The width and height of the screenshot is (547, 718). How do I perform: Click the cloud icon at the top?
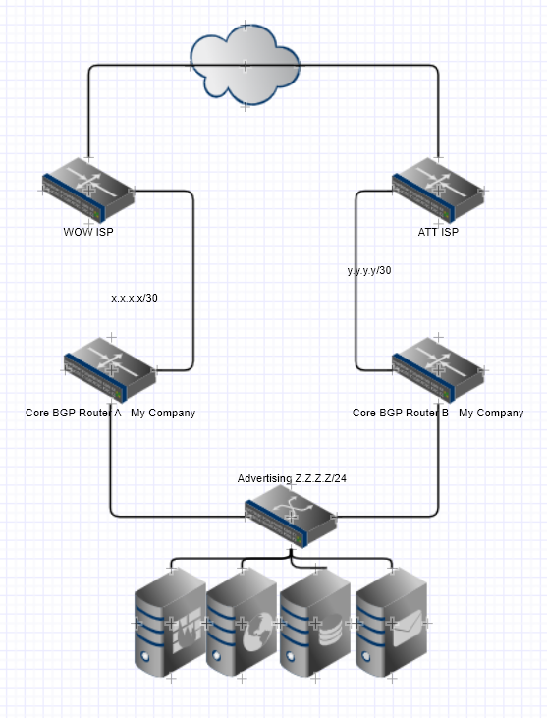click(245, 65)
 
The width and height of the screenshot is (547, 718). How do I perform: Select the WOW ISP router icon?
click(87, 190)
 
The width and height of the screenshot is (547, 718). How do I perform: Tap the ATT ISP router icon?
click(437, 190)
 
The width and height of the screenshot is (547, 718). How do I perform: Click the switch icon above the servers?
click(291, 516)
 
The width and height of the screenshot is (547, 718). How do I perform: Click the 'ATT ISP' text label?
click(437, 233)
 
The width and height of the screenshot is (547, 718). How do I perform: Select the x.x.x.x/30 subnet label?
click(135, 297)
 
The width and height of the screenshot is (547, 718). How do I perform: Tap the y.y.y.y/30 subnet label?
click(369, 270)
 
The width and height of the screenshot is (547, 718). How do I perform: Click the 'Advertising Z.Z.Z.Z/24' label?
click(291, 478)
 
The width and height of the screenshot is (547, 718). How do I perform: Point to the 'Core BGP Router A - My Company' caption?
click(110, 413)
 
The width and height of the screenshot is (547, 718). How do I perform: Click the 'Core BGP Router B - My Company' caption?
click(437, 413)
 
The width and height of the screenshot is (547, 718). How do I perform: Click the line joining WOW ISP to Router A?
click(193, 285)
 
